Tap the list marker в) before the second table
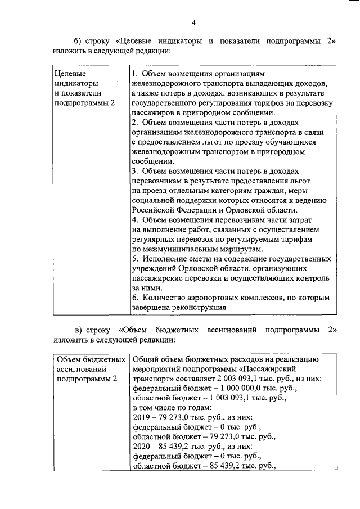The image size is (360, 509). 81,329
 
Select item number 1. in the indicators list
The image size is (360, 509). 134,74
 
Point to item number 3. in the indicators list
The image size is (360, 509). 134,170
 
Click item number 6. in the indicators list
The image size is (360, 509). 134,297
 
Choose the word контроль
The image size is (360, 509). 309,278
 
